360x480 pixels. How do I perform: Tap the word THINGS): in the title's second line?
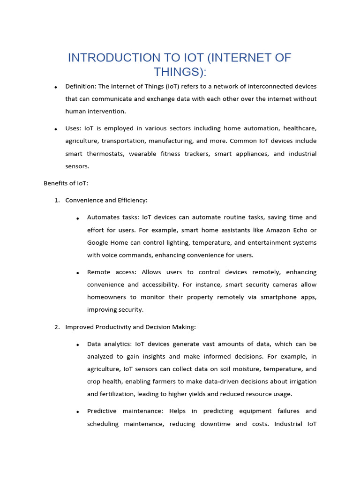click(180, 72)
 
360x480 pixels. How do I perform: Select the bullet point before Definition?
click(56, 87)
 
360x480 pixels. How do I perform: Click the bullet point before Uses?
click(56, 129)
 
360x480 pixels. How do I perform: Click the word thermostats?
click(105, 154)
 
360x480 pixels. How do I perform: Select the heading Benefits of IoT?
click(66, 183)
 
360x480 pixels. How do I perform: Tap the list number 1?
click(57, 200)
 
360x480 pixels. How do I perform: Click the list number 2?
click(57, 327)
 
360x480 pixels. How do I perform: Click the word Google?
click(98, 242)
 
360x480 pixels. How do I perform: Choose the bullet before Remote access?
click(78, 273)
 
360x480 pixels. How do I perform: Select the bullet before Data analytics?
click(78, 345)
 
